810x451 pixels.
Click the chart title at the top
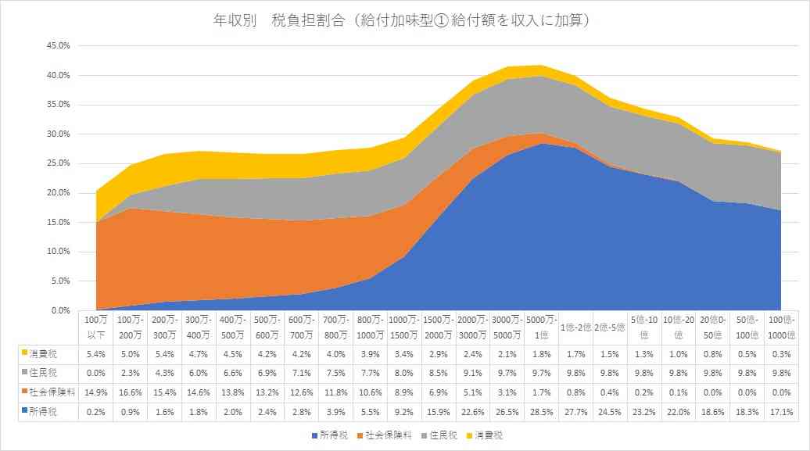tap(401, 20)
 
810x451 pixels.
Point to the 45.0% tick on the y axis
tap(59, 45)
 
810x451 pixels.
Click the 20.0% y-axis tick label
tap(59, 193)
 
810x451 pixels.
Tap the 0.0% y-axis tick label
tap(60, 310)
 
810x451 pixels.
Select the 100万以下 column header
tap(96, 328)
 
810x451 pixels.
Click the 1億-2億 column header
tap(575, 328)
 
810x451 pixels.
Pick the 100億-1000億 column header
tap(781, 328)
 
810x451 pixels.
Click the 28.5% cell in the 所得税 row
tap(541, 412)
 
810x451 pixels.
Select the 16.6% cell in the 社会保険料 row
tap(130, 392)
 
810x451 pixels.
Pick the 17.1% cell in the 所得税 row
tap(781, 412)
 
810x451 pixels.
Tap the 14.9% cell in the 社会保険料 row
tap(96, 392)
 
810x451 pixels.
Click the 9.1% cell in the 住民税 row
tap(473, 373)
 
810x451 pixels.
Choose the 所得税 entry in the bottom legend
tap(330, 435)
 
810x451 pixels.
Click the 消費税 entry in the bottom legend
tap(485, 435)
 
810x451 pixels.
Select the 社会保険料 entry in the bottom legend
tap(385, 435)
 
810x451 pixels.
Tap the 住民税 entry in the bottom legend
tap(439, 435)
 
